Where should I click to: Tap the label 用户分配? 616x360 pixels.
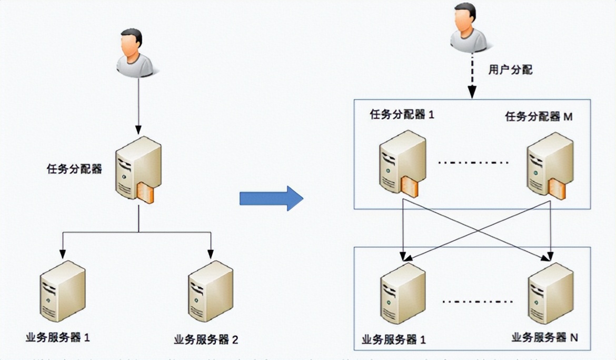510,70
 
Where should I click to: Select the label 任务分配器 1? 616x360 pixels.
402,115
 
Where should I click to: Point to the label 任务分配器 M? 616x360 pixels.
539,116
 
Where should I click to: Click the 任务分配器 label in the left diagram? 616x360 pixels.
74,169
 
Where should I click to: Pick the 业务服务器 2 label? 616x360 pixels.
206,339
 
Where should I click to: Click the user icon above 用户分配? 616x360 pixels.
469,29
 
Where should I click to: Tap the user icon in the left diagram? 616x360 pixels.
134,53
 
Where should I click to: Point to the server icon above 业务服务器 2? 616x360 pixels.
210,293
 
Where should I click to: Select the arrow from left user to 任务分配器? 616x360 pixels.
138,105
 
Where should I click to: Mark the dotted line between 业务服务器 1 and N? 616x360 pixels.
477,302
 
